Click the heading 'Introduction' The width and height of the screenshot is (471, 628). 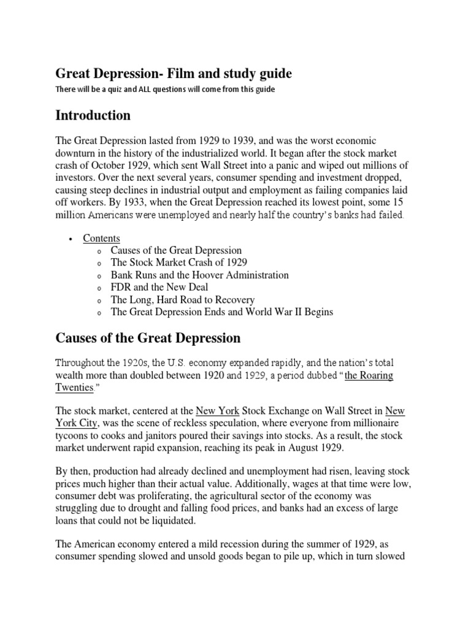click(93, 115)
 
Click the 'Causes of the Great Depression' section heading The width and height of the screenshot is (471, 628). click(148, 338)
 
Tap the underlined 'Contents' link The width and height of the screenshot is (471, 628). click(102, 238)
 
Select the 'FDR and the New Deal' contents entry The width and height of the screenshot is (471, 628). click(159, 287)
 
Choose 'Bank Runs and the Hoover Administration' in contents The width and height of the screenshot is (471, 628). click(199, 275)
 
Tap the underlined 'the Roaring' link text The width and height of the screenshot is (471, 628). click(369, 375)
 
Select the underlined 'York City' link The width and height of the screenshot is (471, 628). click(78, 423)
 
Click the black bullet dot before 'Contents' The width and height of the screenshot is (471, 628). click(71, 239)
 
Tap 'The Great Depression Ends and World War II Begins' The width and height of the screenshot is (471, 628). click(222, 312)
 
